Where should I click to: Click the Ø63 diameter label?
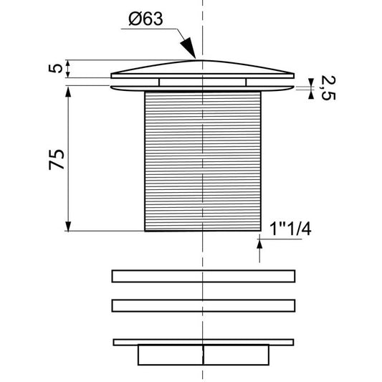tap(145, 19)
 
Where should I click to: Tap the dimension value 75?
tap(57, 160)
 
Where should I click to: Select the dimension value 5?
tap(56, 68)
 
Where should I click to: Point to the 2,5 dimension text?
tap(328, 87)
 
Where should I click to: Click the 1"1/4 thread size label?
tap(290, 229)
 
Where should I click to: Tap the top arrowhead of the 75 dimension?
tap(68, 91)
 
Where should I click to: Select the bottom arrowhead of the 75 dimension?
tap(68, 226)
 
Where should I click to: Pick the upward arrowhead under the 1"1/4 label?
tap(259, 244)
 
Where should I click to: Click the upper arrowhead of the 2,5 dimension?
tap(311, 82)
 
